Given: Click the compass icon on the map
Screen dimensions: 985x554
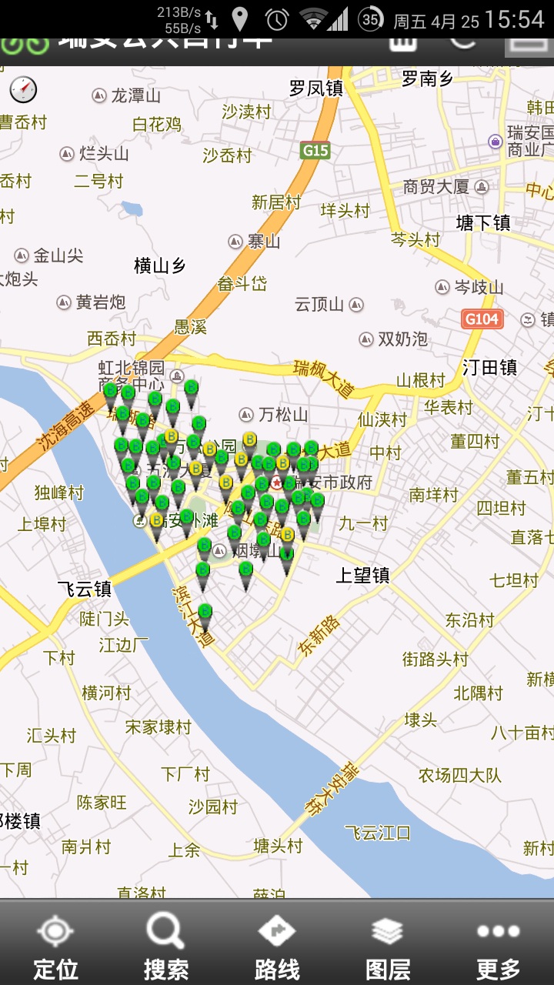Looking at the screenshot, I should [x=23, y=89].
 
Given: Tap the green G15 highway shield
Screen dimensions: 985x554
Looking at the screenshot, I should [x=315, y=150].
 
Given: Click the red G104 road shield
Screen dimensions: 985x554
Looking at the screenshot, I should [x=482, y=319].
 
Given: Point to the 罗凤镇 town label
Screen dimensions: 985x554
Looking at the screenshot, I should [x=316, y=88].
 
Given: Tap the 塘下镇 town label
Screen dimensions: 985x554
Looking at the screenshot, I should [x=483, y=223].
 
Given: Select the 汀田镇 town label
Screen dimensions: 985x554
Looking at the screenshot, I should [x=490, y=367].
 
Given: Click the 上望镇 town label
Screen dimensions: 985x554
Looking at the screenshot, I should [x=363, y=575].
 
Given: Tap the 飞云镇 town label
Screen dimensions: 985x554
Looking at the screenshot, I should [x=85, y=589].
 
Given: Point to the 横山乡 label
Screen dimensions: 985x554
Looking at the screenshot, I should [x=160, y=266].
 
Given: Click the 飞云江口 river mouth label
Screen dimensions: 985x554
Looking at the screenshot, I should [x=378, y=833].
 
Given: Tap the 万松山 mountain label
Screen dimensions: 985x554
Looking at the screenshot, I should [x=282, y=415].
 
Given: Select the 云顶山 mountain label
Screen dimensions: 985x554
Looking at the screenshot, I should [x=319, y=305].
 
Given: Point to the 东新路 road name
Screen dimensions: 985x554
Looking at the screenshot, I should [x=318, y=636].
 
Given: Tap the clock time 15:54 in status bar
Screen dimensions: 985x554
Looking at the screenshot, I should [x=516, y=19].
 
